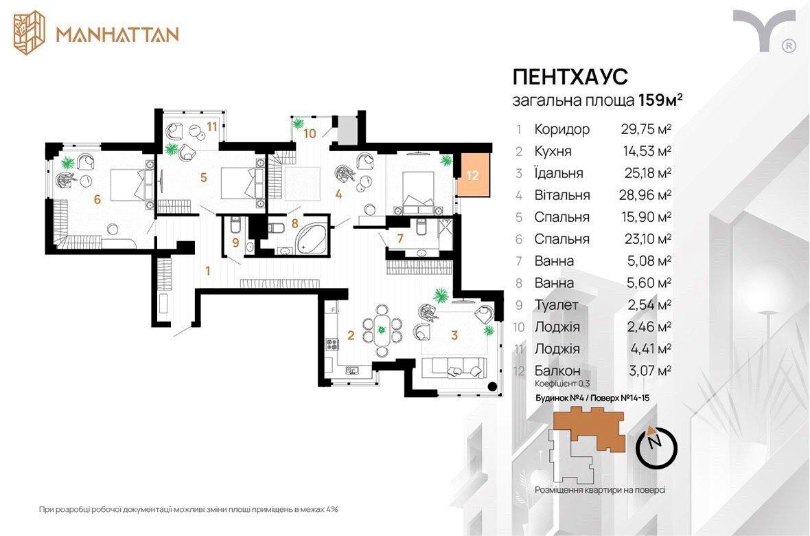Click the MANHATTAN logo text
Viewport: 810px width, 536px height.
[x=117, y=34]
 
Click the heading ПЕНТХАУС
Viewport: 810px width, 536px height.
[x=570, y=76]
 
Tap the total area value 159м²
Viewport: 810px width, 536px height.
[x=661, y=100]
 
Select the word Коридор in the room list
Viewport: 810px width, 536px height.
[x=562, y=129]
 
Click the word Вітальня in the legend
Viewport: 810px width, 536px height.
[x=562, y=195]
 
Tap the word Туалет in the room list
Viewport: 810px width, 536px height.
[x=556, y=304]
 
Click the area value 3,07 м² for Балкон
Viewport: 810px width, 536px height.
[x=650, y=370]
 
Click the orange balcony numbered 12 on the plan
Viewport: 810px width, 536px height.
[x=472, y=175]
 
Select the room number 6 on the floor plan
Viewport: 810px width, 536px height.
[x=97, y=199]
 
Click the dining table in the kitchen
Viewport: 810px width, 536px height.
[x=382, y=330]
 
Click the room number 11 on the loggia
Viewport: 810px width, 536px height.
[x=212, y=126]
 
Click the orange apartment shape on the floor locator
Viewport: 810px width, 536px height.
[x=589, y=426]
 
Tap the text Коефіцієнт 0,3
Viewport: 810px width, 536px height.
[x=562, y=384]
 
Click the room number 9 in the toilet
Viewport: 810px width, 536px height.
[x=235, y=242]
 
